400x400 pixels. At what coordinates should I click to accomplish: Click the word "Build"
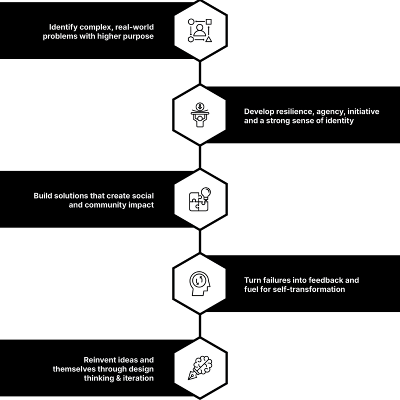(43, 196)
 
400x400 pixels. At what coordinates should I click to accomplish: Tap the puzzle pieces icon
(198, 202)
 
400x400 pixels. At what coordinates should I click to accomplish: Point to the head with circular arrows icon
(200, 283)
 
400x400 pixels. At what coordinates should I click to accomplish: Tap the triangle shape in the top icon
(208, 39)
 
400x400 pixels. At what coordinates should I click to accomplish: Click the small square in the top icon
(208, 21)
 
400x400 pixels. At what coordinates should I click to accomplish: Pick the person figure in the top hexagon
(199, 30)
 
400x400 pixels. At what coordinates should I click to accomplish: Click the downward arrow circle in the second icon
(200, 106)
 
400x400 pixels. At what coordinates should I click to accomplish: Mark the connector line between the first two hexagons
(200, 72)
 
